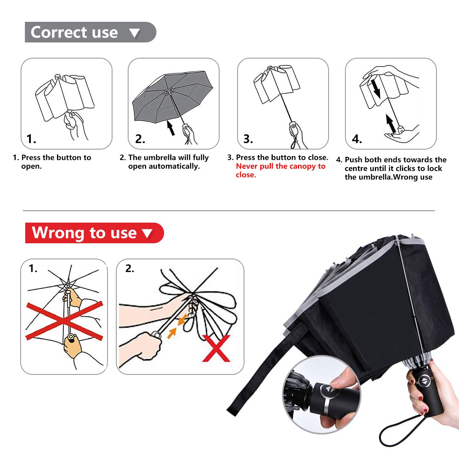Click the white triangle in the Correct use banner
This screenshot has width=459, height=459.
pos(135,33)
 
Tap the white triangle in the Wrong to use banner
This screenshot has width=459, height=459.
pos(147,233)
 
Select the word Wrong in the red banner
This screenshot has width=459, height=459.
pos(58,233)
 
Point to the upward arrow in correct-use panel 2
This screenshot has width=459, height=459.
pos(171,128)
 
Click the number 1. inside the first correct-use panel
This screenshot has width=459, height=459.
pos(31,139)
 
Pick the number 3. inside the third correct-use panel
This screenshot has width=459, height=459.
pos(248,139)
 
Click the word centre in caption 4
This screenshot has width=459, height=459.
pos(355,169)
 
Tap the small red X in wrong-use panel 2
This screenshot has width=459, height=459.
pos(216,348)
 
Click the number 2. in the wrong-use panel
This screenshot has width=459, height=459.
pos(130,269)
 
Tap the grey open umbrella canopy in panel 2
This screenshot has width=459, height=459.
pos(172,96)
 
